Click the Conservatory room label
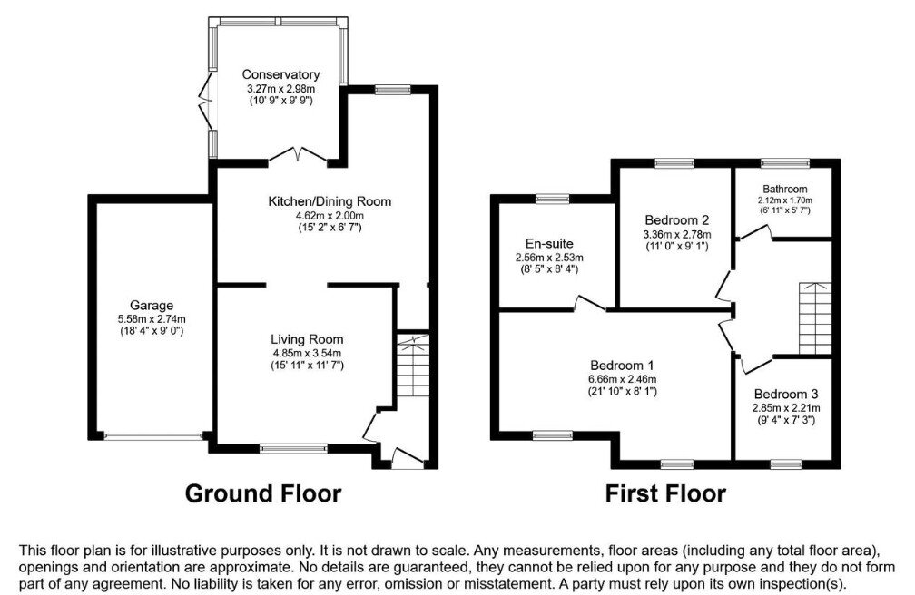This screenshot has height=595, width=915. click(280, 74)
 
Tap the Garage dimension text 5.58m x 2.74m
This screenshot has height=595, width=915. click(152, 319)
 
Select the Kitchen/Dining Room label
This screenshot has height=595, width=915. click(330, 202)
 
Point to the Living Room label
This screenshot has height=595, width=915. click(307, 339)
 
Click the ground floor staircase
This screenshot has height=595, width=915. click(413, 366)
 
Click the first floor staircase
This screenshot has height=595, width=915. click(815, 318)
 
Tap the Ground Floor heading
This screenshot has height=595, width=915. click(263, 493)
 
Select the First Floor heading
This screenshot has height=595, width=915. click(665, 493)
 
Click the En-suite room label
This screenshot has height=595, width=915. click(549, 244)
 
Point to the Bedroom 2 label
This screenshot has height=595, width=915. click(677, 219)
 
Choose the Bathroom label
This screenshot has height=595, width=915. click(785, 189)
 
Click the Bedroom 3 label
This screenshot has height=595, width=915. click(786, 394)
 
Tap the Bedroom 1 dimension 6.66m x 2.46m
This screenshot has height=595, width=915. click(622, 378)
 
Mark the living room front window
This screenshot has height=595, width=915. click(293, 449)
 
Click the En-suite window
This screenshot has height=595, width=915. click(553, 199)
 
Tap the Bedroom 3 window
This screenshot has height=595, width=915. click(785, 464)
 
